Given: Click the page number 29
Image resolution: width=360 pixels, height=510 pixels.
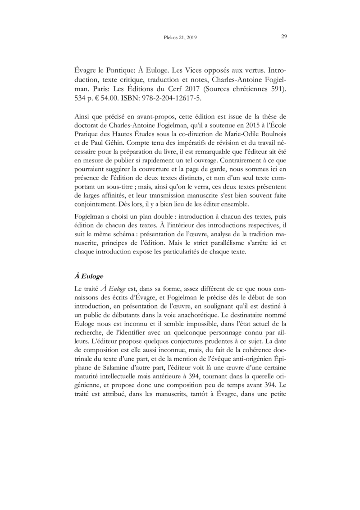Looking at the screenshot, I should [284, 37].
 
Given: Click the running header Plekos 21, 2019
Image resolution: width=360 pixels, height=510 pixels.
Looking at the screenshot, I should [179, 38].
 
